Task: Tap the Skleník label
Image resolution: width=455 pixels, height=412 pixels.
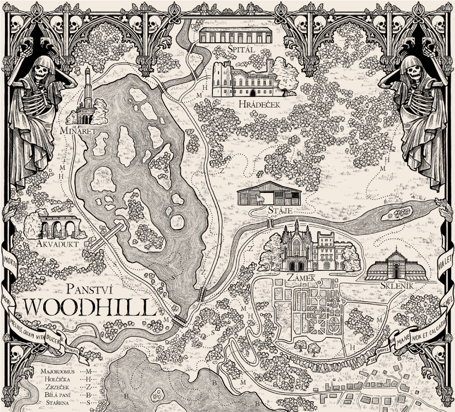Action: point(396,285)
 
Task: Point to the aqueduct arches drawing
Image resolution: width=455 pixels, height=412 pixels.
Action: point(60,227)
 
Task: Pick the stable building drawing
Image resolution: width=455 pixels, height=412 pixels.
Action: point(269,193)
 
